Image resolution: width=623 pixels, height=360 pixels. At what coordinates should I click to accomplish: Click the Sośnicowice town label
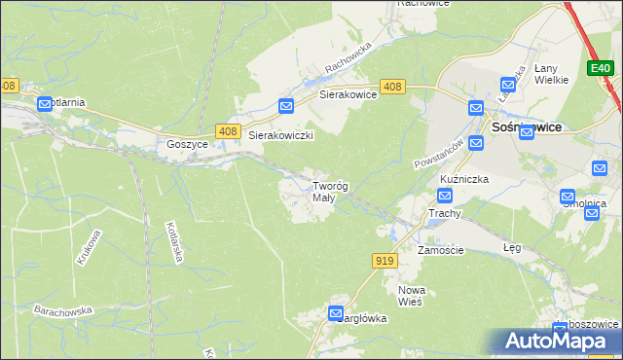(x=526, y=126)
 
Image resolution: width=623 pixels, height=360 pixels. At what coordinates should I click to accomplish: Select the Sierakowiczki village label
(x=280, y=136)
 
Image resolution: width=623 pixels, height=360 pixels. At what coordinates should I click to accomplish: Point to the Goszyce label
(x=187, y=143)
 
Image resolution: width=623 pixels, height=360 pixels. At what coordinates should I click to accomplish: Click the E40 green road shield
(x=600, y=68)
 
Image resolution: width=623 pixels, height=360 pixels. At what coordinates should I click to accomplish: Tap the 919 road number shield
(x=384, y=260)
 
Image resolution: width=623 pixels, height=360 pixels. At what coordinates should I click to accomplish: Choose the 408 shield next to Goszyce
(x=228, y=131)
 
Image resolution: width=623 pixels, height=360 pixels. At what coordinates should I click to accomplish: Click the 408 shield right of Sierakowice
(x=392, y=88)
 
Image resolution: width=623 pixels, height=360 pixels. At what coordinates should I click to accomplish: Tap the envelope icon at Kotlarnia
(x=45, y=104)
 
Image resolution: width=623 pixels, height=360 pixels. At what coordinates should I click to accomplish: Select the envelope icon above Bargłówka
(x=336, y=313)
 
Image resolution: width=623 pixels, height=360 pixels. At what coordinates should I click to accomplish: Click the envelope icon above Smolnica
(x=568, y=197)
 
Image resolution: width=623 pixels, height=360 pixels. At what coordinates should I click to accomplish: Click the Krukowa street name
(x=85, y=247)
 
